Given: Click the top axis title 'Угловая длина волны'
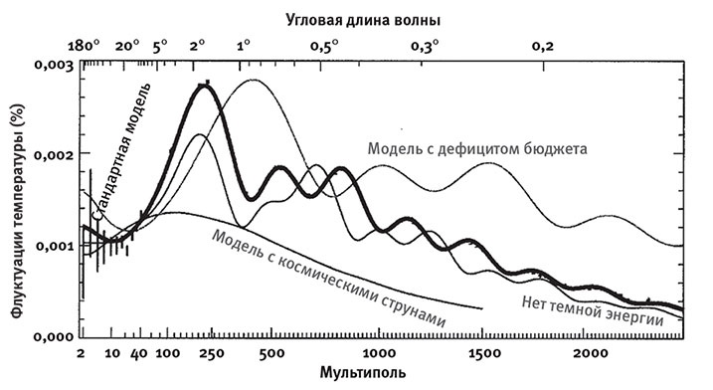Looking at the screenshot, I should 376,19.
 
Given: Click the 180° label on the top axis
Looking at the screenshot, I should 86,46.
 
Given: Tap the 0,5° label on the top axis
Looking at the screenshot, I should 324,46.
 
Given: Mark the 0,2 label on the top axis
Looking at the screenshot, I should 543,46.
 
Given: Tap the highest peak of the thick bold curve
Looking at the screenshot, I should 206,86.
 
